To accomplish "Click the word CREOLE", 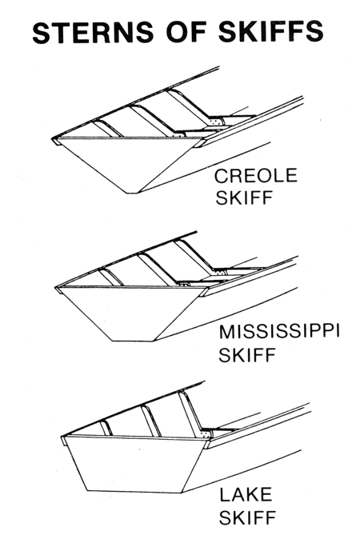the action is tap(256, 175).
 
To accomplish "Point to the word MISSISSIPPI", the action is tap(278, 332).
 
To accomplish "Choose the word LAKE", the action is tap(246, 495).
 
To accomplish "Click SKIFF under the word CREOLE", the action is tap(245, 198).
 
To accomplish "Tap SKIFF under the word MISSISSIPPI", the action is tap(247, 355).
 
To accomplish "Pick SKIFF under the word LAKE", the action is tap(247, 517).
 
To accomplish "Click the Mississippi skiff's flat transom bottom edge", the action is tap(133, 341).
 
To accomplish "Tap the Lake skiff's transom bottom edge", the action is tap(134, 492).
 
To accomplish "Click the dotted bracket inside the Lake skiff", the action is tap(206, 435).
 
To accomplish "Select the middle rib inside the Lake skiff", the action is tap(151, 421).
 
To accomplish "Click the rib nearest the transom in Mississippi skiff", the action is tap(113, 277).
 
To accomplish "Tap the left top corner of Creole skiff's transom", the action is tap(58, 138).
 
